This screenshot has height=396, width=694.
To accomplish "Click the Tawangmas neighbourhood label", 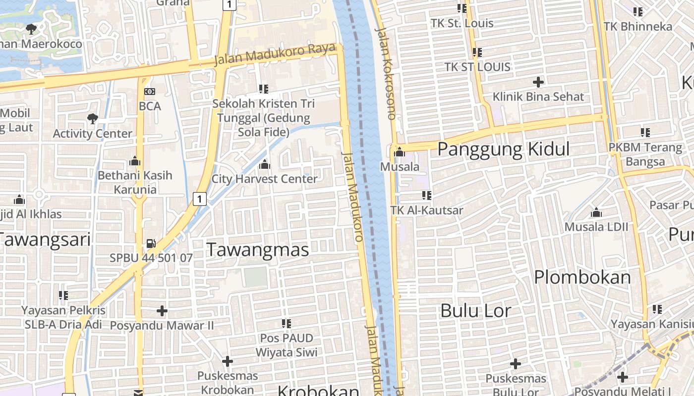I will [x=257, y=249].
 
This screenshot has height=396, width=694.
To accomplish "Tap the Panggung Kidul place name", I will [x=504, y=149].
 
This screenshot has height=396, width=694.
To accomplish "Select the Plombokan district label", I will [x=582, y=277].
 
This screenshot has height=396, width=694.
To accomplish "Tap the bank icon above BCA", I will [x=149, y=92].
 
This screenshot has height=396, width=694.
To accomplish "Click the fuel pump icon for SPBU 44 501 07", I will [x=151, y=243].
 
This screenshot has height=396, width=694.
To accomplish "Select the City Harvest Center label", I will [x=264, y=179].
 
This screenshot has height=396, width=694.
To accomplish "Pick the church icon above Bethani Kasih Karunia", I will [x=134, y=161].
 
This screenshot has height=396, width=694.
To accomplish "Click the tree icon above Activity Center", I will [x=92, y=118].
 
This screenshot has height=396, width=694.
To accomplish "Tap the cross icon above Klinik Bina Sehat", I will [x=538, y=82].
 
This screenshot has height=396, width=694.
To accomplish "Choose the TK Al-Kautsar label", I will [x=427, y=210].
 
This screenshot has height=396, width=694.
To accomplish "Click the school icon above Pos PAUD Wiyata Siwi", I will [x=287, y=324].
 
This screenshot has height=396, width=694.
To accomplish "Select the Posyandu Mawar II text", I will [x=162, y=326].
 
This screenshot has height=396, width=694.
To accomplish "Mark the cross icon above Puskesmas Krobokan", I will [x=228, y=361].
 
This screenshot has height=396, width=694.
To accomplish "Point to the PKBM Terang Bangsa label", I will [x=645, y=154].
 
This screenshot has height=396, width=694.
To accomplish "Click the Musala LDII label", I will [x=596, y=227].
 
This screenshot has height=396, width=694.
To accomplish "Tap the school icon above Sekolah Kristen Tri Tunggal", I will [x=264, y=89].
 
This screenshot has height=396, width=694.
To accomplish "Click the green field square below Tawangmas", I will [x=256, y=277].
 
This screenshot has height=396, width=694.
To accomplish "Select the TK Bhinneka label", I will [x=638, y=26].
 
